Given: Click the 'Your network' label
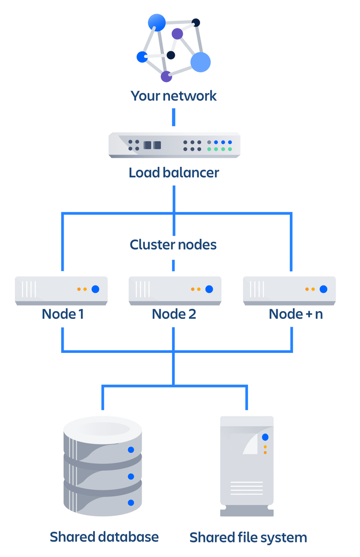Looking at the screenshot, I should click(x=173, y=96).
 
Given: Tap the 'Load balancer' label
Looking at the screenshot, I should click(x=173, y=172).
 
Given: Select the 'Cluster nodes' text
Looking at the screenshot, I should click(x=173, y=245).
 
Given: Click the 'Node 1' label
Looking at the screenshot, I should click(x=63, y=314).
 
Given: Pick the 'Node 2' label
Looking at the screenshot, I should click(x=174, y=314).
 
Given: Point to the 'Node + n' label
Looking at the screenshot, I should click(x=295, y=314).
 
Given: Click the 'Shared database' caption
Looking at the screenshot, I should click(x=104, y=537).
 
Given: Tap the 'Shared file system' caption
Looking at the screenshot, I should click(x=248, y=538).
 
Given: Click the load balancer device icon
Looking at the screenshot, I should click(x=174, y=145).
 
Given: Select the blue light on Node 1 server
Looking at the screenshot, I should click(x=95, y=289).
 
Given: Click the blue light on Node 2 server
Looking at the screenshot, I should click(x=209, y=289).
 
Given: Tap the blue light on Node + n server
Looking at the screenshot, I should click(x=323, y=289).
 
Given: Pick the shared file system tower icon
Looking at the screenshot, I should click(x=247, y=466).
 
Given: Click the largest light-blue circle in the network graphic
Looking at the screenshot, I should click(x=201, y=62).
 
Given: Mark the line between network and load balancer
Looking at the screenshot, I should click(x=174, y=117).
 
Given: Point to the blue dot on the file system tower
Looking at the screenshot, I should click(x=265, y=437).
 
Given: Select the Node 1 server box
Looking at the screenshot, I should click(x=61, y=290).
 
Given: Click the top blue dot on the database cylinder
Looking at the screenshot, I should click(x=131, y=449).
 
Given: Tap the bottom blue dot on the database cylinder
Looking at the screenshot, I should click(x=131, y=502).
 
